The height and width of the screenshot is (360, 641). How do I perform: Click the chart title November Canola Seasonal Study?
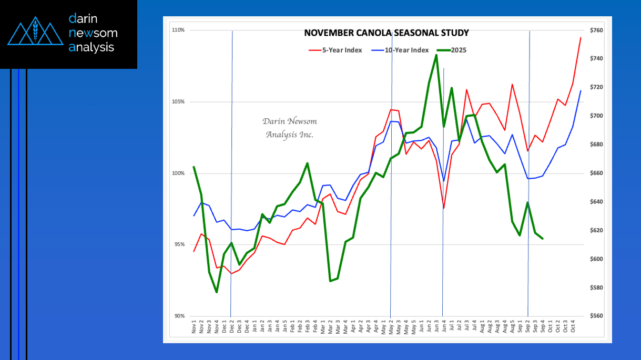[386, 33]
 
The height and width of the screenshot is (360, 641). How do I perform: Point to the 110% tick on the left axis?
[178, 30]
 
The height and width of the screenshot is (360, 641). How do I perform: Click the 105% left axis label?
[178, 101]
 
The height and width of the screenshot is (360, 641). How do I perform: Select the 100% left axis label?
[178, 173]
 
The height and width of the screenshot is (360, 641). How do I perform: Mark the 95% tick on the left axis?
[179, 244]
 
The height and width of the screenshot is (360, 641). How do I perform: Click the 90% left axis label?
[179, 316]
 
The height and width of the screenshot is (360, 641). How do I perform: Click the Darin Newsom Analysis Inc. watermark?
[290, 128]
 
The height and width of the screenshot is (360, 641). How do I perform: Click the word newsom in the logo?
[93, 33]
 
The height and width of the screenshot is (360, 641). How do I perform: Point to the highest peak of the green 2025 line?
[436, 55]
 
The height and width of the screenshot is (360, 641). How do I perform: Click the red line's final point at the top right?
[581, 37]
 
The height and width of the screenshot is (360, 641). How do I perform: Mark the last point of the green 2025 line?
[543, 239]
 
